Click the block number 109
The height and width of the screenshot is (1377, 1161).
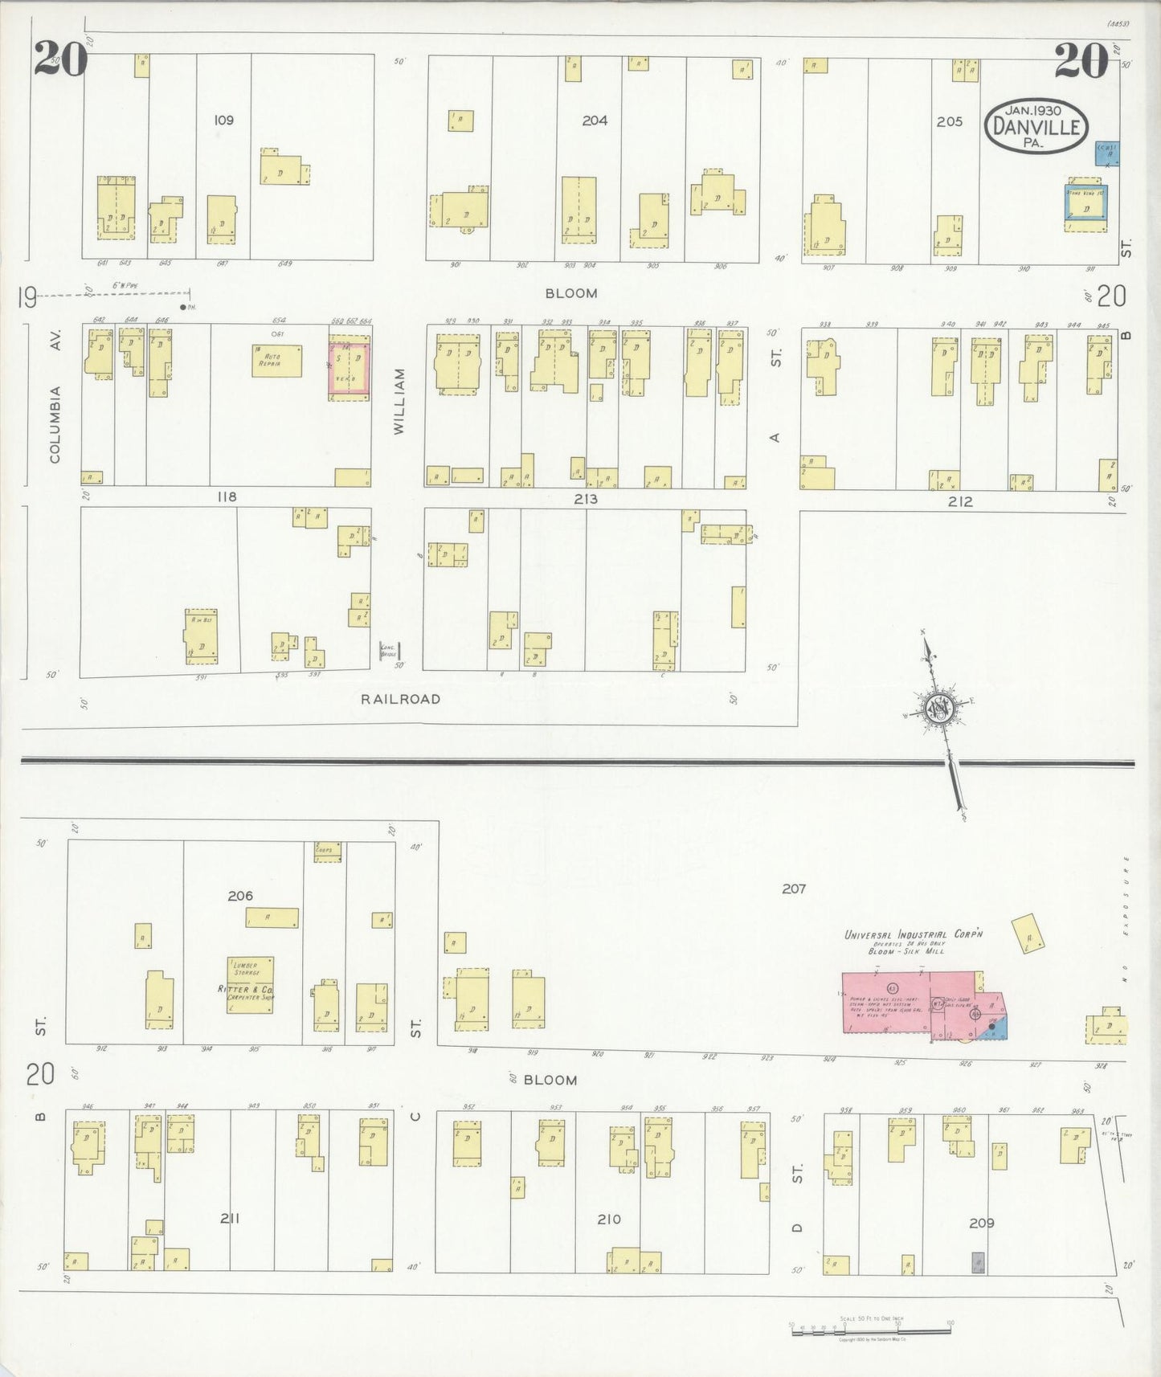(223, 121)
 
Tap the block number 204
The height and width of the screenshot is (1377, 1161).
(595, 121)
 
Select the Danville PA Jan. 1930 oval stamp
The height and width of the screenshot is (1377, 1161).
(1036, 126)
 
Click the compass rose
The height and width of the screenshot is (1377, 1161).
(938, 707)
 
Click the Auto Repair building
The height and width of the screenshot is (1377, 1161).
(276, 361)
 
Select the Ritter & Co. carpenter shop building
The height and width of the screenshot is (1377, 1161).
(250, 984)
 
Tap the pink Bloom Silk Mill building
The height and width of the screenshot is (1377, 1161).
(916, 1003)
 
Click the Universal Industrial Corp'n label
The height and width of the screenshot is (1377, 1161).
(914, 934)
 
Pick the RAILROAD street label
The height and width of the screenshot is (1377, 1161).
(400, 699)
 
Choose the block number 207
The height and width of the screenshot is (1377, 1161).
(794, 889)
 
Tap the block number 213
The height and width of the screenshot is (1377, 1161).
(586, 499)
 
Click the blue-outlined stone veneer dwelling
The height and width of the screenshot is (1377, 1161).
(1085, 207)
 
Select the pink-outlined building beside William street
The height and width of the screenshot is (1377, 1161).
(349, 369)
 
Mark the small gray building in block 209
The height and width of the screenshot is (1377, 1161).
(978, 1262)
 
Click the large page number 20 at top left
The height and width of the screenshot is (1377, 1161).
(60, 59)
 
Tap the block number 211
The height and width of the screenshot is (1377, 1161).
(230, 1219)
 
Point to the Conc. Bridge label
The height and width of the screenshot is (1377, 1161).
(387, 652)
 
